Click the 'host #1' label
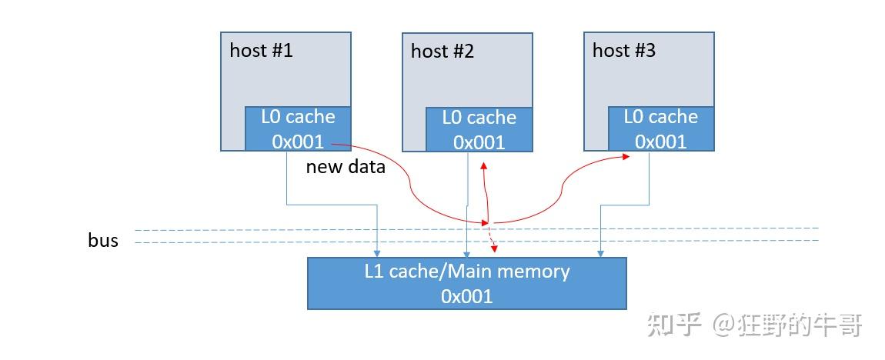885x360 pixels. click(261, 51)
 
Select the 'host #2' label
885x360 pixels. click(442, 52)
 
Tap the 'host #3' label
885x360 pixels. click(624, 51)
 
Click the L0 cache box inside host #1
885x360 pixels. click(298, 128)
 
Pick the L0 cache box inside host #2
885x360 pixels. click(479, 129)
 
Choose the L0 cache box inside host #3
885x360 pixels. click(660, 128)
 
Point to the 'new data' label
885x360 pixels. click(346, 167)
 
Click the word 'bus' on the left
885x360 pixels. click(103, 240)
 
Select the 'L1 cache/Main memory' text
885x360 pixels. click(467, 272)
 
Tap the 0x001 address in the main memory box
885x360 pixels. click(467, 295)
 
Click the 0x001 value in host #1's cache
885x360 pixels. click(298, 142)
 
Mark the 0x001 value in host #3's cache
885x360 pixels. click(660, 142)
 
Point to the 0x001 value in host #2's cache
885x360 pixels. click(479, 142)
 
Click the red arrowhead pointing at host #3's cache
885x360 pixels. click(625, 157)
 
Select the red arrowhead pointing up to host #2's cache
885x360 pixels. click(483, 165)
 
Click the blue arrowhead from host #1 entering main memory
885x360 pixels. click(377, 252)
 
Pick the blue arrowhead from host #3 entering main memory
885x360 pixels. click(600, 252)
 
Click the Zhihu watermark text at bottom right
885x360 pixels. click(754, 325)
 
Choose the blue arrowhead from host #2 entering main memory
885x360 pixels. click(466, 252)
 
